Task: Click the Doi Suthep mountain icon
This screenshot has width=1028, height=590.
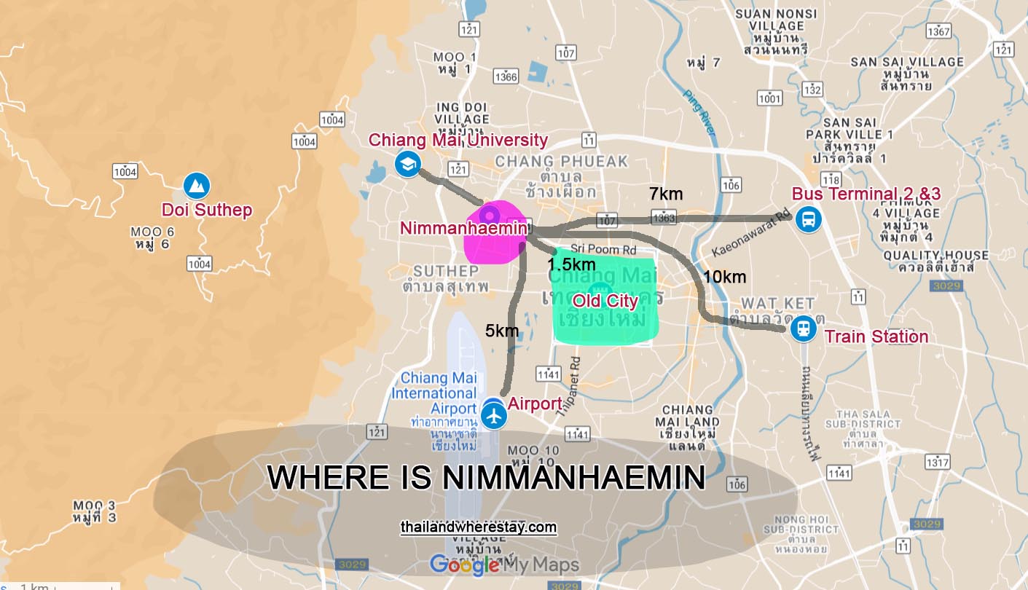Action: click(x=195, y=186)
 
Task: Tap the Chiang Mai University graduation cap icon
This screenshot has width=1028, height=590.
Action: click(x=407, y=163)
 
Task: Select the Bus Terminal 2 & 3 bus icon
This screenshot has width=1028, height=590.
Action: click(x=807, y=218)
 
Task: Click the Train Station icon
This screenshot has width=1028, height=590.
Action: click(x=803, y=329)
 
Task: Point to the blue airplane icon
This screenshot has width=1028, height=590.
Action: click(x=494, y=416)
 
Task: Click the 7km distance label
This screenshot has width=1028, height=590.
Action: click(x=666, y=194)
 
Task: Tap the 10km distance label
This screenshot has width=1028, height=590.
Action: click(x=724, y=277)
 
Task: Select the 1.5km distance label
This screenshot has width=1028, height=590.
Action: click(x=572, y=264)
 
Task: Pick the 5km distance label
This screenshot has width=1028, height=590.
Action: click(x=502, y=331)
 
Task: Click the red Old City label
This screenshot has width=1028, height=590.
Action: click(x=605, y=301)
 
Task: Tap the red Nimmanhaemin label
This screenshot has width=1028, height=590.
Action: click(x=463, y=228)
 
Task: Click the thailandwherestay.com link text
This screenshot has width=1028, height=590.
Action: click(x=479, y=527)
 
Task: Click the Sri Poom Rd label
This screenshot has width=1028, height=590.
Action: click(x=598, y=248)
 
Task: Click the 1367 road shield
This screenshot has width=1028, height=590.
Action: click(x=938, y=31)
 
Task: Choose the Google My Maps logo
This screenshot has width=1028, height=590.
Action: click(x=504, y=565)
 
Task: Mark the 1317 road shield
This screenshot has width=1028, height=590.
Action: click(x=937, y=462)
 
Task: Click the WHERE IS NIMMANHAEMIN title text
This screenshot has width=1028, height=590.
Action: click(x=486, y=478)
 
